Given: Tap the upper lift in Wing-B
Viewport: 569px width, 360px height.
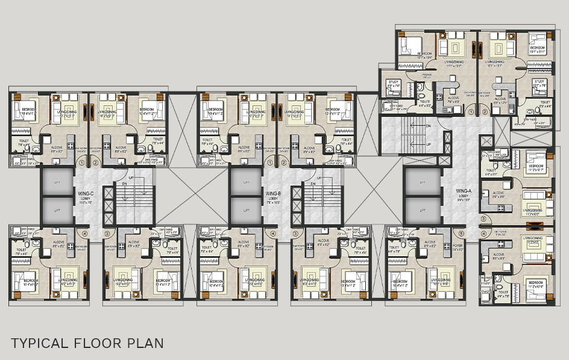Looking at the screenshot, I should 244,182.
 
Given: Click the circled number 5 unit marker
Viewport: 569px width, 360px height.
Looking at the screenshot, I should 461,233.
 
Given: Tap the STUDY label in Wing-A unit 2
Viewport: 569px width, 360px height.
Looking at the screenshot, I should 539,83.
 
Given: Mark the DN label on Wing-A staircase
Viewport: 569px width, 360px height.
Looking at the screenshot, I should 429,125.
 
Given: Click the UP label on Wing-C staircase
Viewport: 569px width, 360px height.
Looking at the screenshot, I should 131,178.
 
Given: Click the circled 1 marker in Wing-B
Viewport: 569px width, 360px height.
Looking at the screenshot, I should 269,163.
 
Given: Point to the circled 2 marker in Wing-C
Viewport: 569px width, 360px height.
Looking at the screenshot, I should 96,163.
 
